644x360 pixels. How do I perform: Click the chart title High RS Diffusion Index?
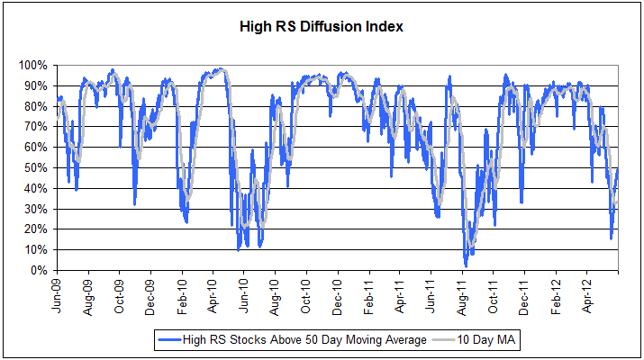pyautogui.click(x=322, y=26)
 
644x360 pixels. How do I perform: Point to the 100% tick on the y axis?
pyautogui.click(x=37, y=66)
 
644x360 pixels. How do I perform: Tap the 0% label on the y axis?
pyautogui.click(x=43, y=271)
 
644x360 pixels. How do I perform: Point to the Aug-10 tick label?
pyautogui.click(x=275, y=294)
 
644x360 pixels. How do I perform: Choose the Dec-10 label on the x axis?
pyautogui.click(x=337, y=294)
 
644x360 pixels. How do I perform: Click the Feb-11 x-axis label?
pyautogui.click(x=368, y=294)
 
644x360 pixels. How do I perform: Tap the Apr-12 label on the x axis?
pyautogui.click(x=586, y=294)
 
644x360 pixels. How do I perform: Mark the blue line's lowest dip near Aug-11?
pyautogui.click(x=466, y=266)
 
